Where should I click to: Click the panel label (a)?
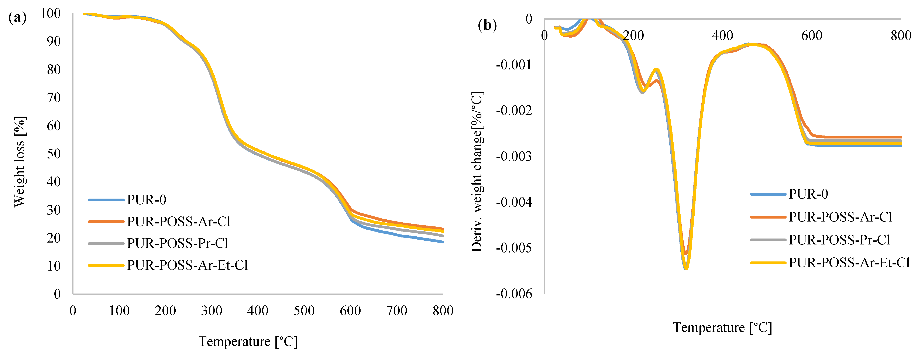(x=17, y=17)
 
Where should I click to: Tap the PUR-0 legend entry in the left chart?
(x=147, y=200)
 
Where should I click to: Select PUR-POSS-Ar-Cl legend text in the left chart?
(x=179, y=222)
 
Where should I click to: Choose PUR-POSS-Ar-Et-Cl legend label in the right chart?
(x=849, y=263)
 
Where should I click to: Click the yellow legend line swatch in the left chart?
(x=106, y=265)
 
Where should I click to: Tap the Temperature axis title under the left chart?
(x=248, y=342)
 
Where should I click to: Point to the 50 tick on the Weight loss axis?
(x=54, y=154)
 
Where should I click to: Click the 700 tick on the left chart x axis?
(x=397, y=311)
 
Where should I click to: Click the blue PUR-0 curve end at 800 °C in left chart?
(x=443, y=242)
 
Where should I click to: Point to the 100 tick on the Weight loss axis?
(x=51, y=14)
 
